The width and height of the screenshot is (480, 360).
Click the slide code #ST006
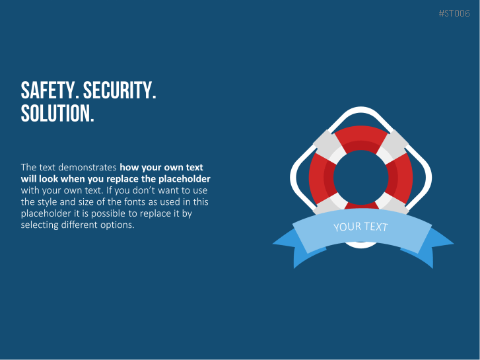[x=454, y=13]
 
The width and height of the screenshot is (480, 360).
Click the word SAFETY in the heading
[x=48, y=90]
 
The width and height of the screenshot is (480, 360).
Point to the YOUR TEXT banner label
[x=360, y=227]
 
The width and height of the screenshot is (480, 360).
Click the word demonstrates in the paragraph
[x=87, y=167]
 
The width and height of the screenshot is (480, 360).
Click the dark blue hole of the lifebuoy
[x=360, y=177]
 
